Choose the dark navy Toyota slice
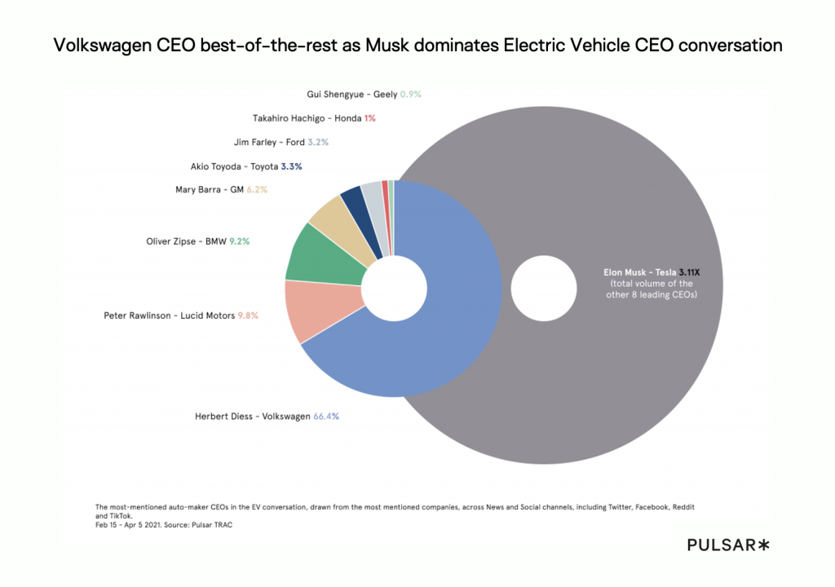(353, 198)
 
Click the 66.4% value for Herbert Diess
(326, 416)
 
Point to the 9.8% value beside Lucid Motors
(248, 315)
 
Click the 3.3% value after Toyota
(291, 166)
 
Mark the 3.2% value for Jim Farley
(317, 142)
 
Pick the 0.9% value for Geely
(410, 94)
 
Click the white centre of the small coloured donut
(394, 289)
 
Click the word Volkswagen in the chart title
(103, 46)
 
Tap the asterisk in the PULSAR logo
(763, 545)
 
